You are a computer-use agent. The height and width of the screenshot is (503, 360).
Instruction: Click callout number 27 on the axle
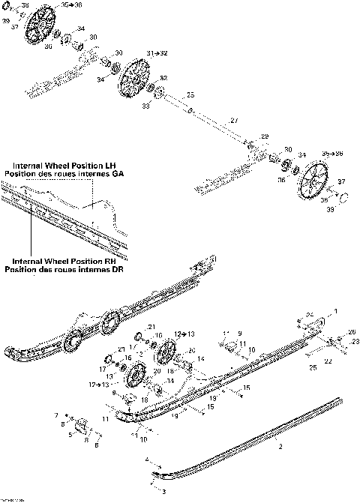(234, 121)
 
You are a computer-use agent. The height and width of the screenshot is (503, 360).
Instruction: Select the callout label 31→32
(157, 53)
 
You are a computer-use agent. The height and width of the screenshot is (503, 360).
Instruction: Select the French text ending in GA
(64, 174)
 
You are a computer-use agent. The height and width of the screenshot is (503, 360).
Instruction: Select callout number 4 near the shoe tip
(148, 458)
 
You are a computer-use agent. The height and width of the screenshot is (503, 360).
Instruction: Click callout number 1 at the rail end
(335, 310)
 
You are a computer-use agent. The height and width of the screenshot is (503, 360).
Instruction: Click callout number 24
(308, 313)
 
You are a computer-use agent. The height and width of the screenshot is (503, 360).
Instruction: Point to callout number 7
(55, 414)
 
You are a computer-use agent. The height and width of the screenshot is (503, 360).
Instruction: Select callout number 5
(71, 435)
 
